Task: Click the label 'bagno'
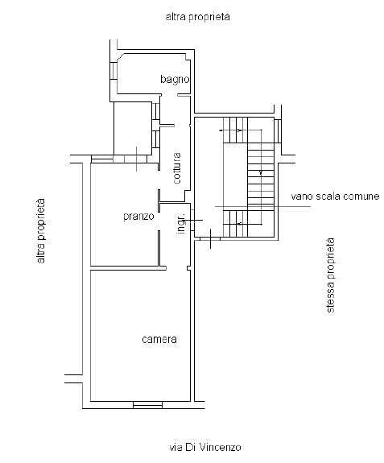[175, 80]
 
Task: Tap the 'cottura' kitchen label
[177, 168]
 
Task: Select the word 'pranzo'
[138, 217]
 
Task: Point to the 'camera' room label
[159, 339]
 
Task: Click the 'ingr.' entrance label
[181, 223]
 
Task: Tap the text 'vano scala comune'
[335, 196]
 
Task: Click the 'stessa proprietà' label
[330, 275]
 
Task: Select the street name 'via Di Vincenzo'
[205, 448]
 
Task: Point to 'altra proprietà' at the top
[197, 17]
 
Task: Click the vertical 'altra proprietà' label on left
[41, 231]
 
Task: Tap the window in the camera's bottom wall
[147, 405]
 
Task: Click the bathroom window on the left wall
[114, 71]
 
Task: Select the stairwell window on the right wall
[278, 130]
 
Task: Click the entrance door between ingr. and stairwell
[192, 220]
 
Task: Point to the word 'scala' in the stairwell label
[326, 196]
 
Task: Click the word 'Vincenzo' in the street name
[221, 448]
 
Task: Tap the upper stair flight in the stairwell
[235, 130]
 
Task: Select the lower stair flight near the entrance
[235, 224]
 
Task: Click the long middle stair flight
[261, 176]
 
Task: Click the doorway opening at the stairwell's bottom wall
[210, 238]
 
